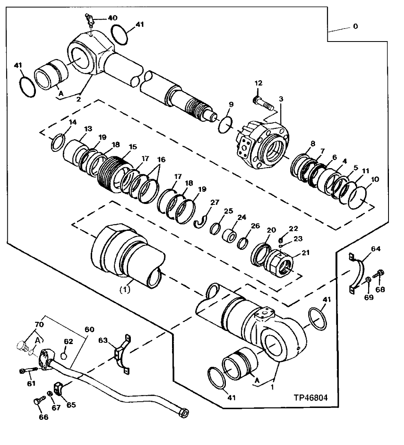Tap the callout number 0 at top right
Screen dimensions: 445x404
click(355, 26)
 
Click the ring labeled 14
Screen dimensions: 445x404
click(57, 143)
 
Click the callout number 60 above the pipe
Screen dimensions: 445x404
click(89, 329)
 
